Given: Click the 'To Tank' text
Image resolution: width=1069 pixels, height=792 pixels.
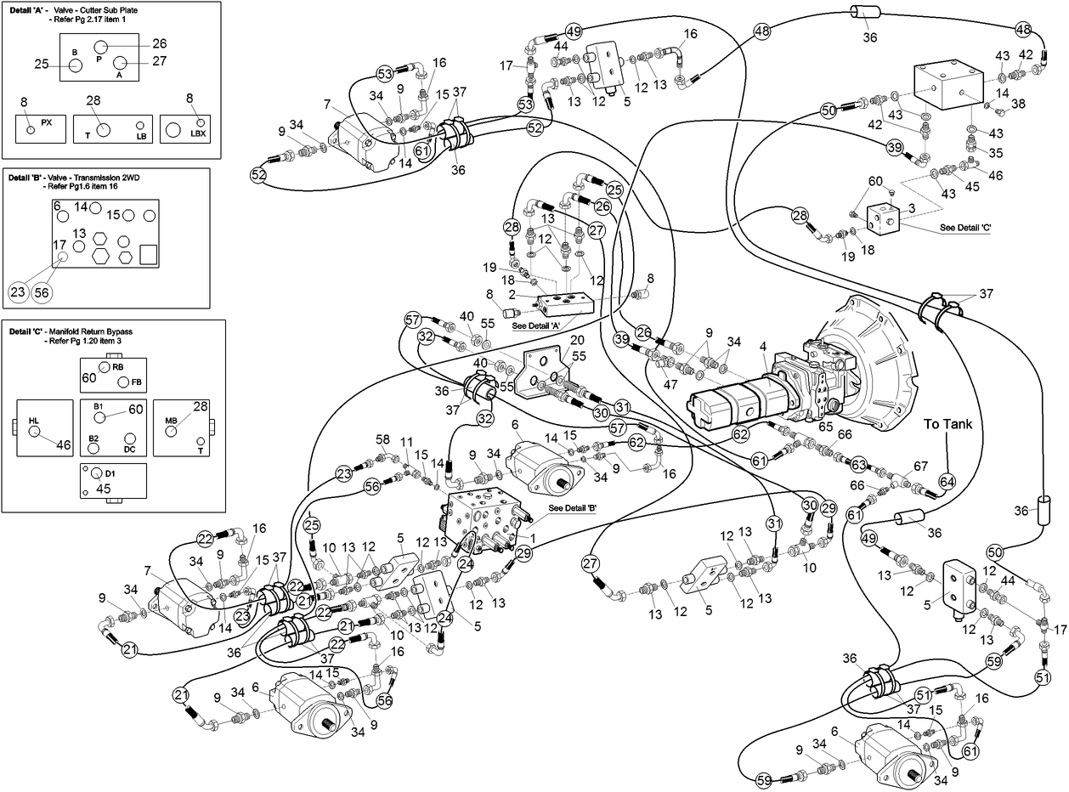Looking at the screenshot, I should (x=949, y=425).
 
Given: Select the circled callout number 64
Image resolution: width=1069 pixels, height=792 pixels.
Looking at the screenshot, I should (x=947, y=481).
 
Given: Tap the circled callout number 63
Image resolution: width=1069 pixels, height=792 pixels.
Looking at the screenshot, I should (x=859, y=465).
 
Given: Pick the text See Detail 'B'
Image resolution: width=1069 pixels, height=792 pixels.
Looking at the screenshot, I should (x=573, y=508).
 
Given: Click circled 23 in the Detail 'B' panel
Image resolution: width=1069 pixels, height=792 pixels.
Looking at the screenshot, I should (x=18, y=291).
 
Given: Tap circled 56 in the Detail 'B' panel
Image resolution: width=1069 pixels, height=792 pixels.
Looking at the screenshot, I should (x=42, y=291).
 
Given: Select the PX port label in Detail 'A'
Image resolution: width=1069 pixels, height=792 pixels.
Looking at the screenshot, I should (x=47, y=122).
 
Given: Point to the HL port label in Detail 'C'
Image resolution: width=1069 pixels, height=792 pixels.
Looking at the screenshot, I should (x=34, y=420).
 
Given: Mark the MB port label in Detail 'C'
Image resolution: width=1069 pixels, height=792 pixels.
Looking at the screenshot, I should (x=171, y=420).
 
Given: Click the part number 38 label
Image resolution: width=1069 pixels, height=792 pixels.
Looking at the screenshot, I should (x=1018, y=104).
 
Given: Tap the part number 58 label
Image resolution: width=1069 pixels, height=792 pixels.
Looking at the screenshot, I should (x=383, y=438).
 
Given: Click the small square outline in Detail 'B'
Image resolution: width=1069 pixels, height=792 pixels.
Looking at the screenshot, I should (x=148, y=254).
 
